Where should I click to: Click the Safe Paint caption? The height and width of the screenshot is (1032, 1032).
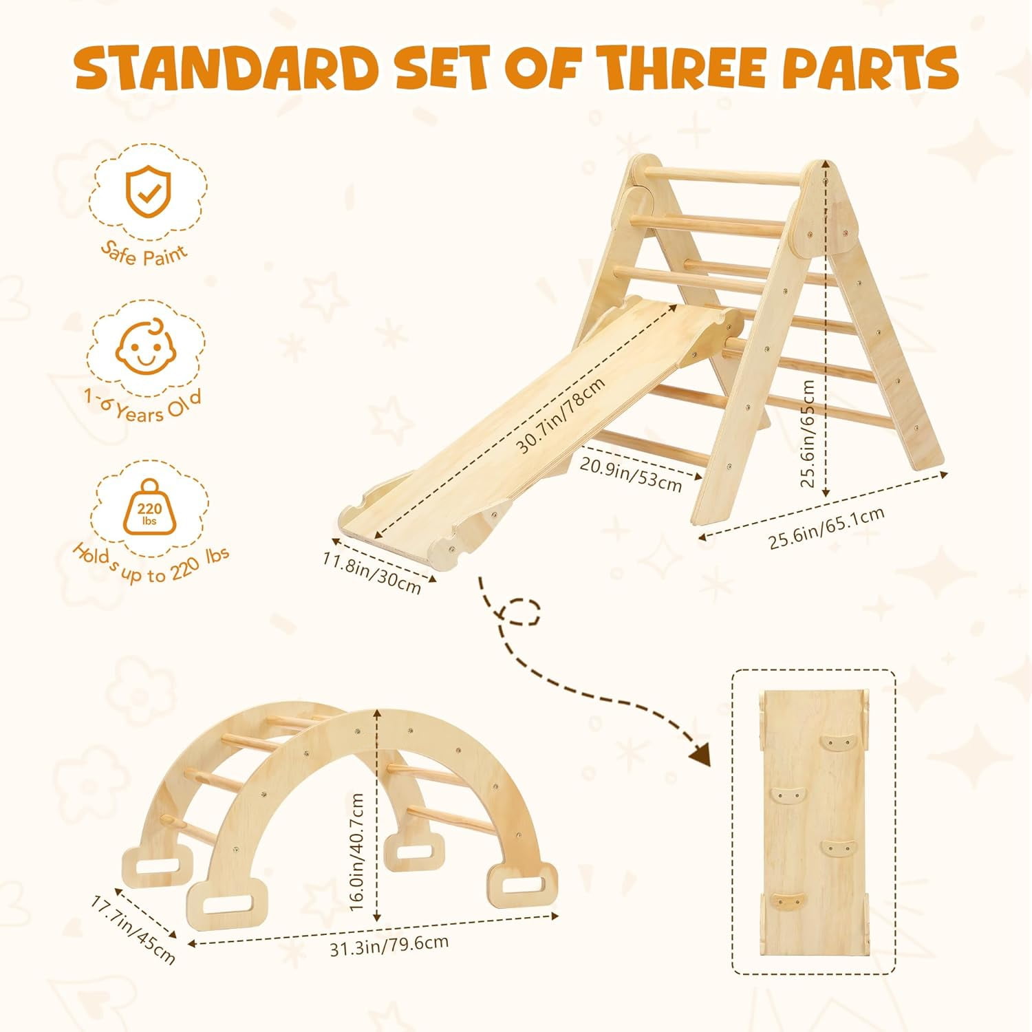(x=144, y=252)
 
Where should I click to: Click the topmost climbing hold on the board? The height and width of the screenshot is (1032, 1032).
(x=836, y=742)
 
